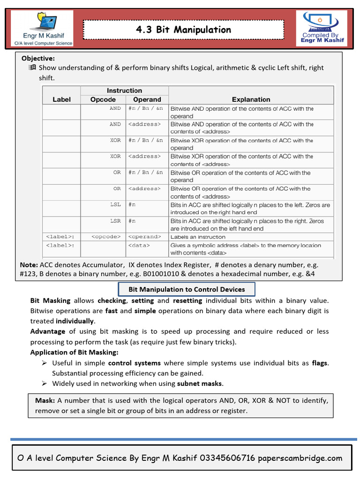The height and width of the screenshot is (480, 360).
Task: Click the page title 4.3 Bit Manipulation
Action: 183,30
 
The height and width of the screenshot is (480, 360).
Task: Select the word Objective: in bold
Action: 38,58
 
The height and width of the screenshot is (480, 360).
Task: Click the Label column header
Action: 62,99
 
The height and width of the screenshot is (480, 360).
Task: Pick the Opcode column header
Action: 103,99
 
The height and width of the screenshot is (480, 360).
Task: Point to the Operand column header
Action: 147,99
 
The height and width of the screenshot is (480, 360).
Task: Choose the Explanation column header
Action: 251,99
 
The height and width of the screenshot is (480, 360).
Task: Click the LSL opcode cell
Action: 115,205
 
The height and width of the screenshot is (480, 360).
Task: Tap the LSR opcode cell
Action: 115,221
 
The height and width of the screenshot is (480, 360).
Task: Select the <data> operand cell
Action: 139,245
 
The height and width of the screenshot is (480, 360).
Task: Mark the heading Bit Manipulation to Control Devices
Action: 186,289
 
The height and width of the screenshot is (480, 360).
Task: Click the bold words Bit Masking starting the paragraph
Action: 50,300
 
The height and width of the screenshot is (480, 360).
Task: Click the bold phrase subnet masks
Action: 200,383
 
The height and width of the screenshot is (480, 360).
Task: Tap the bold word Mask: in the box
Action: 45,401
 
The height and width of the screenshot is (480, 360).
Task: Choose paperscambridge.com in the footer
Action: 300,458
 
